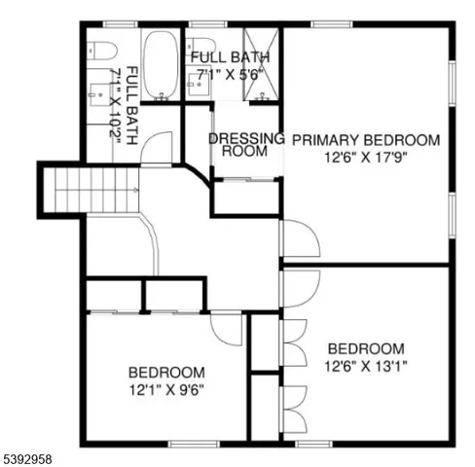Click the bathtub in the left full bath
(160, 64)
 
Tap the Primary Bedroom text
(366, 139)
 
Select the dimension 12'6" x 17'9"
(366, 156)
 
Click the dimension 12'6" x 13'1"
(366, 366)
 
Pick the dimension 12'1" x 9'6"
(166, 389)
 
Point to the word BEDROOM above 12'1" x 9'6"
(166, 373)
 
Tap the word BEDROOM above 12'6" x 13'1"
(366, 349)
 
